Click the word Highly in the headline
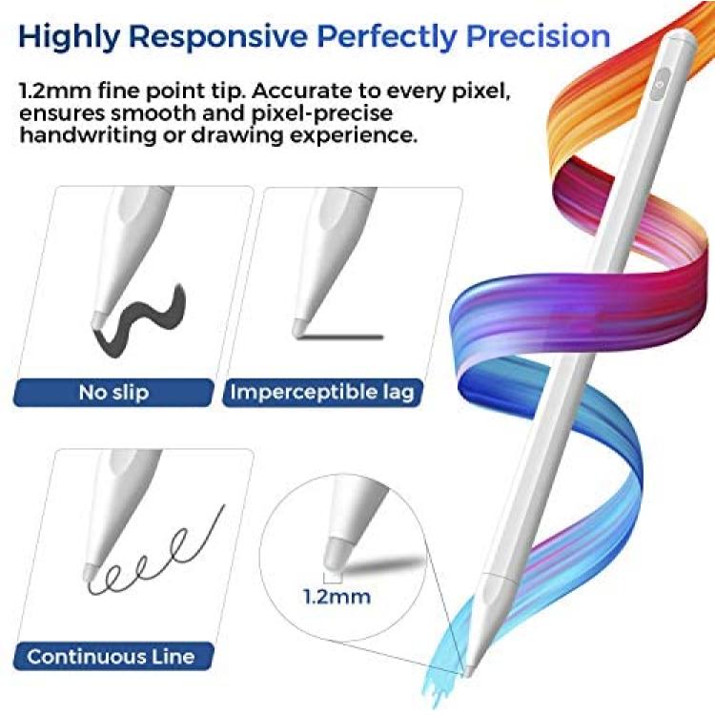coord(69,36)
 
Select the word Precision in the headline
coord(539,35)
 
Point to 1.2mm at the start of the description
coord(55,91)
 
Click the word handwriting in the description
coord(87,135)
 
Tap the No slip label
coord(113,392)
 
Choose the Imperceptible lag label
coord(322,392)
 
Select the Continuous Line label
coord(111,657)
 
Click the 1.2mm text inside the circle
coord(337,597)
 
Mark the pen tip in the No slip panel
coord(97,317)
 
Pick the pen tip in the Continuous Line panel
coord(89,572)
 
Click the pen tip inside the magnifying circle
coord(335,553)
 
